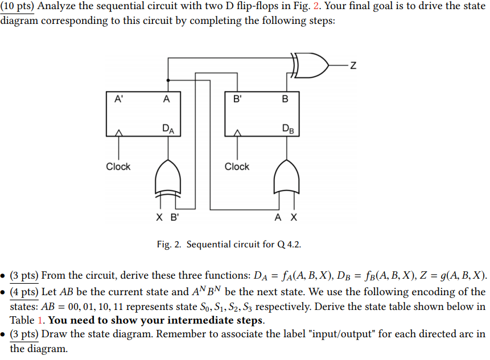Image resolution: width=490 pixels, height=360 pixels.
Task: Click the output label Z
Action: pyautogui.click(x=353, y=65)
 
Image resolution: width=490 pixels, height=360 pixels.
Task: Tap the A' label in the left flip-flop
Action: pyautogui.click(x=118, y=99)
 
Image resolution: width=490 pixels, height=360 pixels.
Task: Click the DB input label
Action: pyautogui.click(x=286, y=129)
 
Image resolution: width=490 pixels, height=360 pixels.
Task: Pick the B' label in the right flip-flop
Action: pyautogui.click(x=237, y=99)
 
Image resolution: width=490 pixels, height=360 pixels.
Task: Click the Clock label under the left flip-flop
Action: pyautogui.click(x=118, y=167)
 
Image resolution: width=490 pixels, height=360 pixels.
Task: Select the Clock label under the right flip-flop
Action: pyautogui.click(x=237, y=167)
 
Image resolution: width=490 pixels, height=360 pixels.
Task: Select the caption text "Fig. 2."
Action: pyautogui.click(x=170, y=245)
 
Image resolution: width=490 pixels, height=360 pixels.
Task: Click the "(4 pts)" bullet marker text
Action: pyautogui.click(x=24, y=292)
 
